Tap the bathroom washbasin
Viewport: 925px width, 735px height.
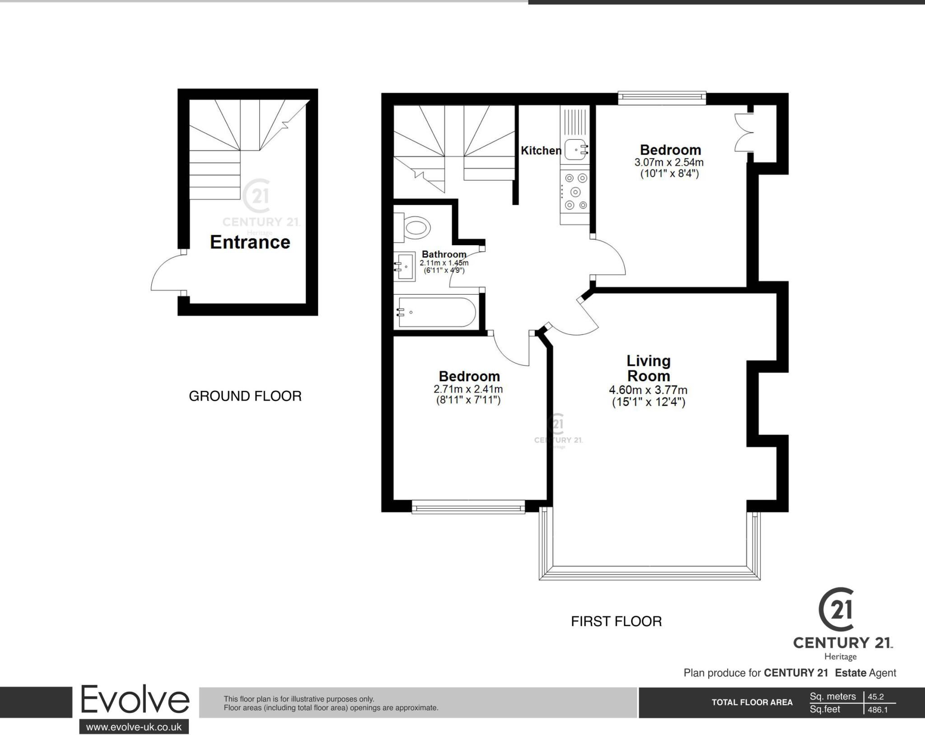404,267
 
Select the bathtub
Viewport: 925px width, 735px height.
434,312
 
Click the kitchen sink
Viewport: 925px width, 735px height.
575,150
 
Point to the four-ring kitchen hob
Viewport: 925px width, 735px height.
575,192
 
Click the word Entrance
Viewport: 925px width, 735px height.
250,243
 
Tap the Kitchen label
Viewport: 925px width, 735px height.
541,150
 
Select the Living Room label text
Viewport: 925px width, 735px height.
648,368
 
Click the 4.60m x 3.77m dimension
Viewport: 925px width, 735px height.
648,390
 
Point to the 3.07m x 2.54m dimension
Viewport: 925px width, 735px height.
669,162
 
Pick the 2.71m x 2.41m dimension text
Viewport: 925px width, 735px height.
468,389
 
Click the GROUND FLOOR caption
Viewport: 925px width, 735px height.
245,396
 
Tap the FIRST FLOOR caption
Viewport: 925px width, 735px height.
616,622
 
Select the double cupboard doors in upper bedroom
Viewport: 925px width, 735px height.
743,132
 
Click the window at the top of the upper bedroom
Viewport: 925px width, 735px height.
662,98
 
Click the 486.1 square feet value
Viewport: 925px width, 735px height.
878,710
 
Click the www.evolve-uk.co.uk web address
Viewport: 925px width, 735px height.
134,727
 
